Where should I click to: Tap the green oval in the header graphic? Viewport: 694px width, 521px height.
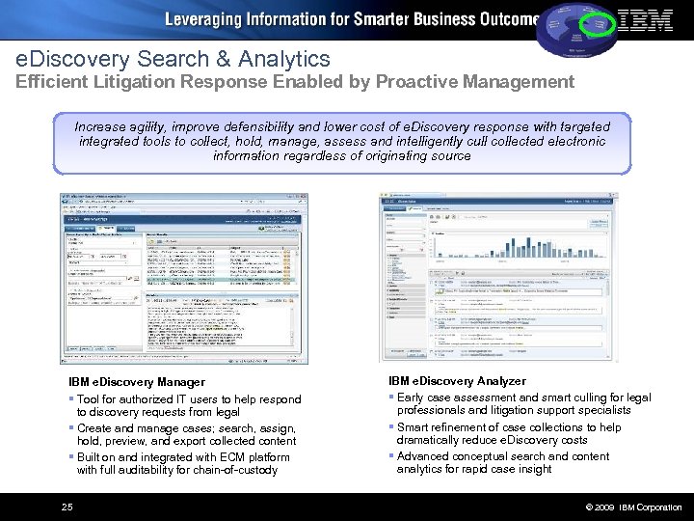coord(602,20)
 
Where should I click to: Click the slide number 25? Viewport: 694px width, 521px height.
coord(67,507)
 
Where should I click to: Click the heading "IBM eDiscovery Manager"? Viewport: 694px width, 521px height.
coord(137,383)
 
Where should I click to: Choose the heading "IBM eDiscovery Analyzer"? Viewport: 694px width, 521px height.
coord(457,382)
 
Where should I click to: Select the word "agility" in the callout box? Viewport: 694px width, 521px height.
coord(159,126)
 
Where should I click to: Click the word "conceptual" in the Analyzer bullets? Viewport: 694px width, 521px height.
coord(476,456)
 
